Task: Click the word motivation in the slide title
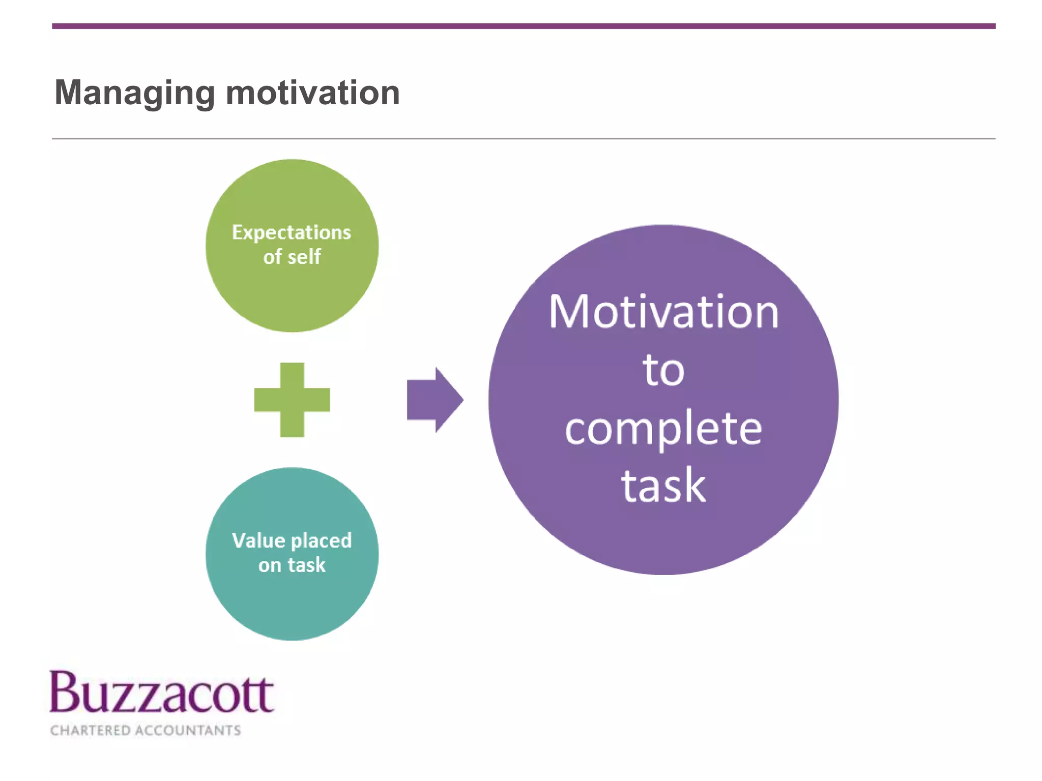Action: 312,94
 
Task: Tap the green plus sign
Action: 292,400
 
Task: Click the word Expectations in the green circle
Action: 292,232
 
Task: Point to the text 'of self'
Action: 292,257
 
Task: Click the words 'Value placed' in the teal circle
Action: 292,540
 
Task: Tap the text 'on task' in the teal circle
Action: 292,565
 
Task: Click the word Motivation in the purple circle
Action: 663,312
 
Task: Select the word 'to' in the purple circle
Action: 663,370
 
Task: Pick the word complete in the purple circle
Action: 663,428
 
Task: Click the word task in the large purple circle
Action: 663,486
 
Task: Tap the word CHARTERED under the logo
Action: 90,730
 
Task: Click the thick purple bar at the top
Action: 523,26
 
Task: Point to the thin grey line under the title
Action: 523,138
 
